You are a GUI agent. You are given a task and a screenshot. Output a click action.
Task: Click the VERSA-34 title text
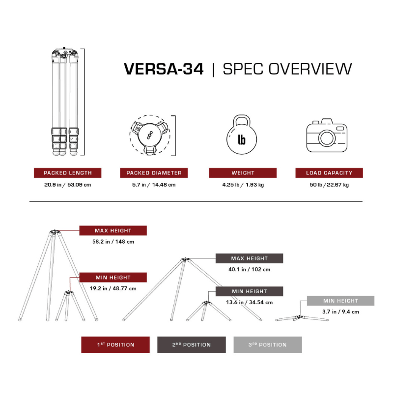(x=164, y=69)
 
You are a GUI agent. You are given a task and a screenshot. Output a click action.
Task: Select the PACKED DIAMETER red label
(x=154, y=173)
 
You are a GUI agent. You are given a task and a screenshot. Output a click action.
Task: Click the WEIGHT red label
(x=243, y=173)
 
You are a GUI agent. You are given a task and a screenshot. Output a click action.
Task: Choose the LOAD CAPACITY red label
(x=329, y=173)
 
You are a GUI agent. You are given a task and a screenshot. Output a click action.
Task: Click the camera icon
(x=327, y=134)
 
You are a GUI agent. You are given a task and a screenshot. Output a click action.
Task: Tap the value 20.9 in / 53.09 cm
(x=67, y=185)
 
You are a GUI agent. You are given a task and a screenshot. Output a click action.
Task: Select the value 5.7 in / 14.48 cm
(x=154, y=185)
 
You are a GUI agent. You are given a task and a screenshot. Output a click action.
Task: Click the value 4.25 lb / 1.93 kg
(x=243, y=185)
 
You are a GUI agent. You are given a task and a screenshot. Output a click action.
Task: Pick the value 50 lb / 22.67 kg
(x=329, y=185)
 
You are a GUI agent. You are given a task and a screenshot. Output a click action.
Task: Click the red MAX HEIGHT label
(x=112, y=230)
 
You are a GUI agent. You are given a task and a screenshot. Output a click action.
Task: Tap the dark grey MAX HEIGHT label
(x=249, y=258)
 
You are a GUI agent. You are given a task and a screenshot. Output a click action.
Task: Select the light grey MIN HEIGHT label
(x=340, y=301)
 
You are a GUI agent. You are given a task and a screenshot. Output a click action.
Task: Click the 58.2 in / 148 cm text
(x=113, y=242)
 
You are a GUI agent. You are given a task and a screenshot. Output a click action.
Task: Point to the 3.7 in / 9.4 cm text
(x=340, y=311)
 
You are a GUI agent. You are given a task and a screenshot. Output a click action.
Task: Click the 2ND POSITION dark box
(x=191, y=345)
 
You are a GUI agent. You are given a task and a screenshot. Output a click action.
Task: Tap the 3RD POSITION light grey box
(x=267, y=345)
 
